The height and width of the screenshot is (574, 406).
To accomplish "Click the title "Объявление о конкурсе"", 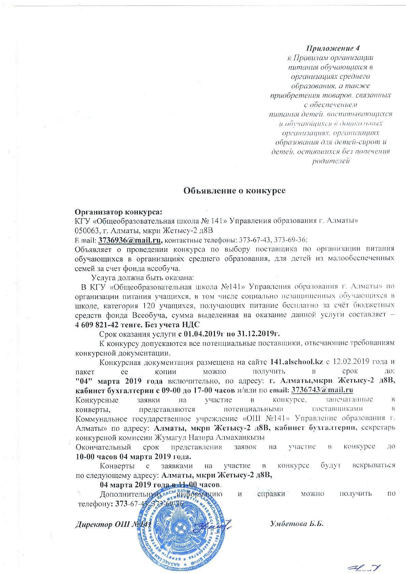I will pos(234,190).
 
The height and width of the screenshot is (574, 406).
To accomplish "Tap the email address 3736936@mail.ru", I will pos(130,240).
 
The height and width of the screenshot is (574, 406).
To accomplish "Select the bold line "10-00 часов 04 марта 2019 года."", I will pos(133,456).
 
